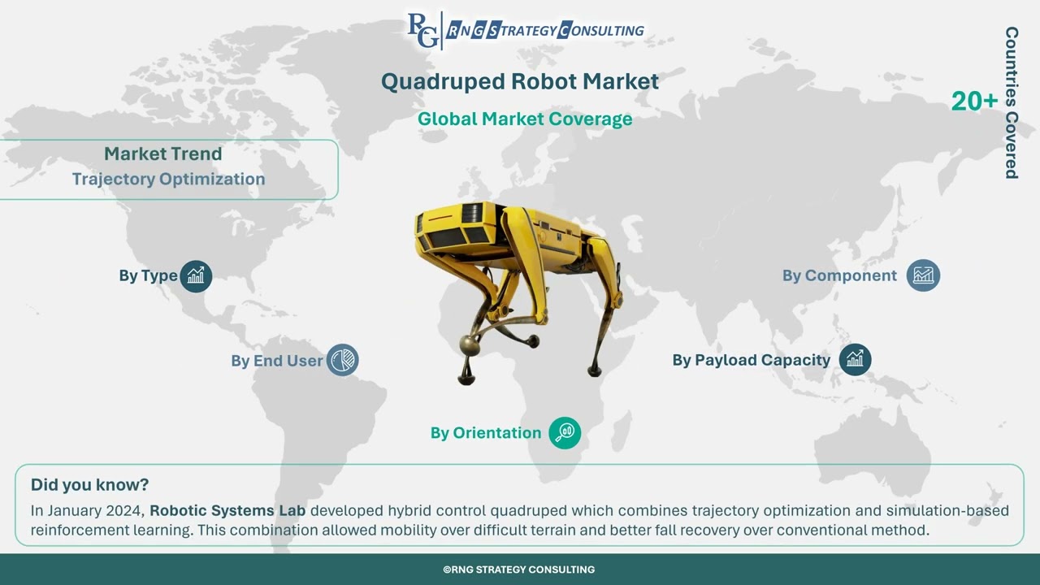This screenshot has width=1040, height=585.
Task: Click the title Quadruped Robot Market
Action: click(x=519, y=81)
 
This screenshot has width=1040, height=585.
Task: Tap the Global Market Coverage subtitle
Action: click(x=524, y=119)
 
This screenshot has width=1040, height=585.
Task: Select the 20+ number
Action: click(x=974, y=102)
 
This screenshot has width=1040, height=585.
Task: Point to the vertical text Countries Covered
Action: click(x=1012, y=102)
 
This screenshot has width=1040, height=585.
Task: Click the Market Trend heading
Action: click(x=162, y=154)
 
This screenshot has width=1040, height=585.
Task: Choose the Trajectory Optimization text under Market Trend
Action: click(x=168, y=179)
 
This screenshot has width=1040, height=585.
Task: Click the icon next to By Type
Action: click(x=196, y=276)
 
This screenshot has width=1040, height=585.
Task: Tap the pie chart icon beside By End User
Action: click(x=343, y=360)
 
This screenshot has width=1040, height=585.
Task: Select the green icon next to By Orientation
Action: click(x=565, y=433)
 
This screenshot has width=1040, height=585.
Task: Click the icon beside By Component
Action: click(x=923, y=275)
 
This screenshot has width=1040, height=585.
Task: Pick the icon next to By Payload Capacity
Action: click(x=855, y=359)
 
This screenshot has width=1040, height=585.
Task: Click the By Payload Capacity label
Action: click(x=751, y=360)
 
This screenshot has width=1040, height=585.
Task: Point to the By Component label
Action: click(x=839, y=275)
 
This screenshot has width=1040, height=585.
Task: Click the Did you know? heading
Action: click(x=89, y=485)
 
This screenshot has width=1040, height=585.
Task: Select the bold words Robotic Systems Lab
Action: click(x=227, y=511)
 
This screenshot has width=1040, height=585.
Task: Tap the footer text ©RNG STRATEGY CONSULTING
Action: click(x=519, y=570)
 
